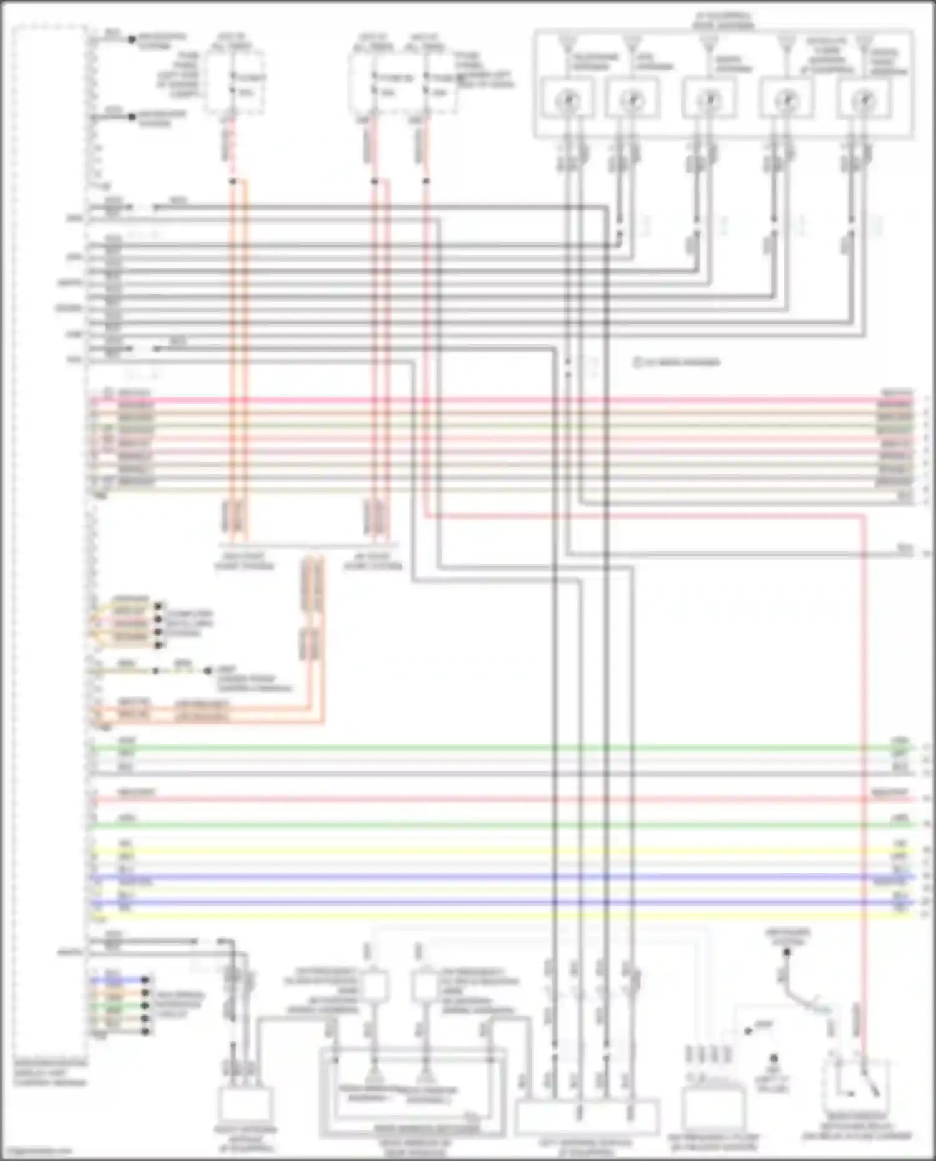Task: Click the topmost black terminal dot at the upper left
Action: coord(132,39)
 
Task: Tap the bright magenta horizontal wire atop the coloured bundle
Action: coord(499,400)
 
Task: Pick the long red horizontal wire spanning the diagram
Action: coord(499,799)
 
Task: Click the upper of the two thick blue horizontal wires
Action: coord(499,877)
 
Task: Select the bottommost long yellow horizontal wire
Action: coord(499,916)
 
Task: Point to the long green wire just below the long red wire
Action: coord(499,825)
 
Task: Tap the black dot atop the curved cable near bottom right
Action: coord(787,953)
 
